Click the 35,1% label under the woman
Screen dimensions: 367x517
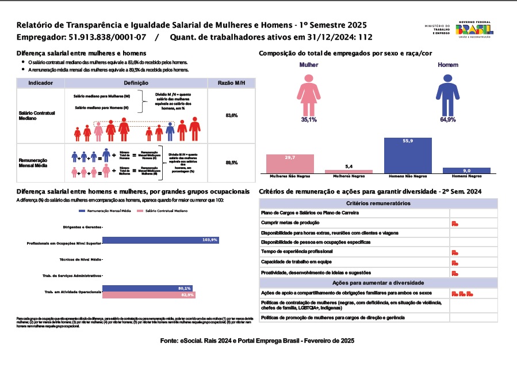coord(309,120)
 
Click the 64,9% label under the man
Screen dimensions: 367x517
coord(447,120)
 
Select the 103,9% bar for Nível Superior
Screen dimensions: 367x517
coord(160,240)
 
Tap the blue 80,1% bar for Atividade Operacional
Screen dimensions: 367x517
coord(147,288)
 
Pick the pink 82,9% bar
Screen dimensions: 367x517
coord(149,295)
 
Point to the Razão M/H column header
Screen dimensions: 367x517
coord(231,83)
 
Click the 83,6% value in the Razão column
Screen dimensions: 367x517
coord(231,116)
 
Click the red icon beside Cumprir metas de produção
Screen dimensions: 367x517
coord(454,224)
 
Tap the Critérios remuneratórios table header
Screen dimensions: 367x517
coord(378,203)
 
